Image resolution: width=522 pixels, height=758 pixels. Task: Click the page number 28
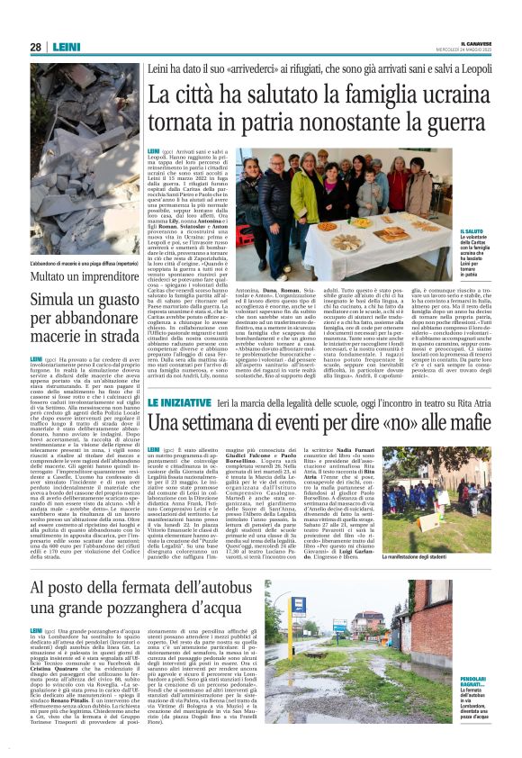pos(35,48)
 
